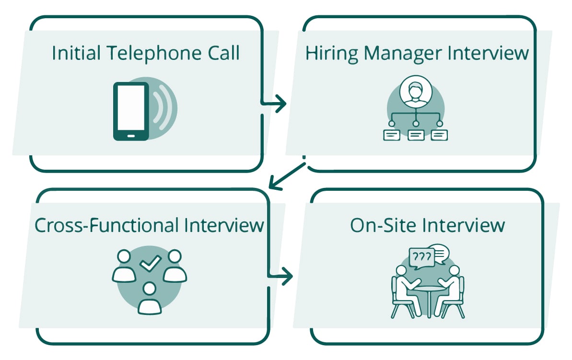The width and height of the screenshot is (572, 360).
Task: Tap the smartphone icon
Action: tap(130, 111)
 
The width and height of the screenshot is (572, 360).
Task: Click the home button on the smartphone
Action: tap(130, 136)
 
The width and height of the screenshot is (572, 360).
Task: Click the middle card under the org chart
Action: tap(415, 135)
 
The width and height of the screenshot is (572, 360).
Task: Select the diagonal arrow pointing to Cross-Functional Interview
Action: tap(287, 175)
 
